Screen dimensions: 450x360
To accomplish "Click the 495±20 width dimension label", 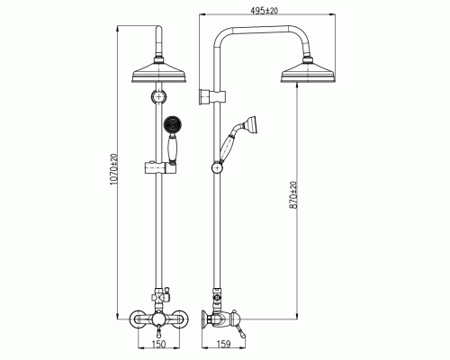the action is [x=265, y=10].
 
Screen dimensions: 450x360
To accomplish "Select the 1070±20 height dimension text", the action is [x=113, y=169].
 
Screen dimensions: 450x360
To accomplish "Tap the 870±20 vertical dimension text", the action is [x=293, y=194].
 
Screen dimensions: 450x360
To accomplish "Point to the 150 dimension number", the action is [x=158, y=344].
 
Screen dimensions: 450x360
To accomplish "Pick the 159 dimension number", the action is [x=223, y=344].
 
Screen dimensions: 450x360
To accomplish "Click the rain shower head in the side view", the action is [x=308, y=71].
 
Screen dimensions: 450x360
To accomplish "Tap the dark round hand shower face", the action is [x=173, y=124].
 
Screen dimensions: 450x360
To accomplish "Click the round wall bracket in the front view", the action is [x=158, y=96].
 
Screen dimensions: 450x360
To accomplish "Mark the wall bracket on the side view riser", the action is [x=211, y=97].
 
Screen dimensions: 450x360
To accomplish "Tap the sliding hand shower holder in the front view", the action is [x=160, y=167].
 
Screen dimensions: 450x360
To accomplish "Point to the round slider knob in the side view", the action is [x=217, y=167].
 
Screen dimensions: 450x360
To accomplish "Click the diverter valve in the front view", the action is [x=160, y=297].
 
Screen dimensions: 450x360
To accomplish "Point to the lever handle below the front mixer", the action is [x=158, y=332].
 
